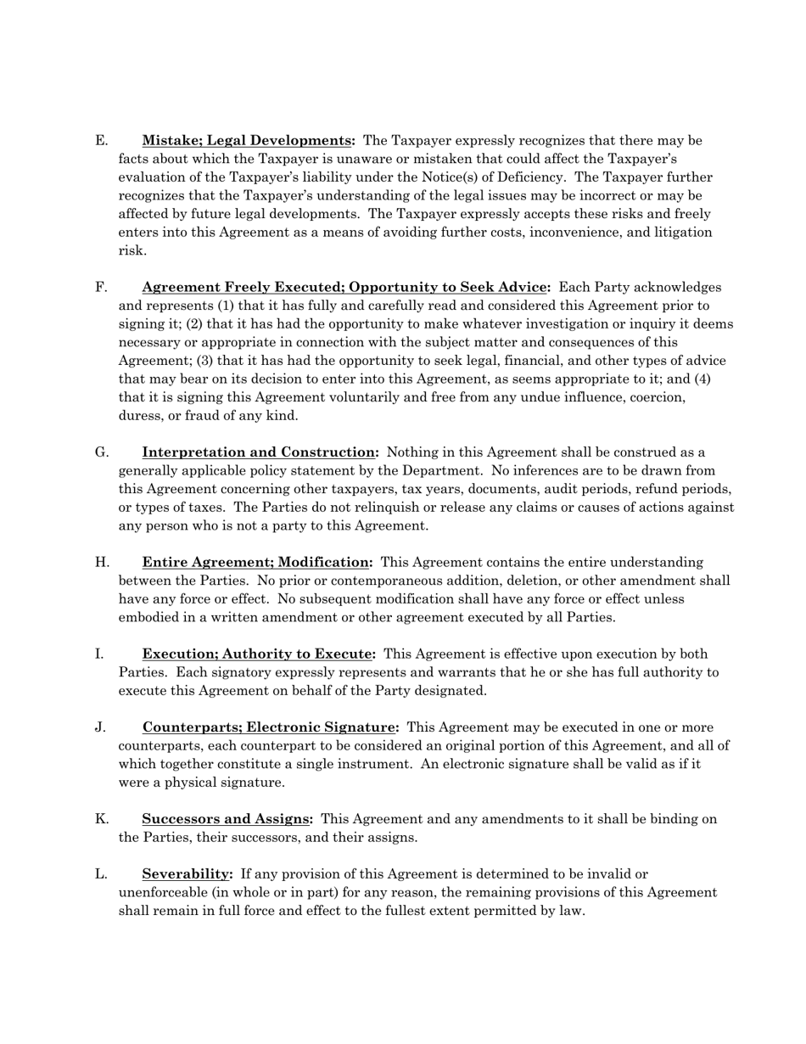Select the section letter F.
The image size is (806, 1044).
pyautogui.click(x=101, y=288)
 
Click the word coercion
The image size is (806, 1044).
pyautogui.click(x=656, y=397)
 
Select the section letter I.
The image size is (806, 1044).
pyautogui.click(x=99, y=654)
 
